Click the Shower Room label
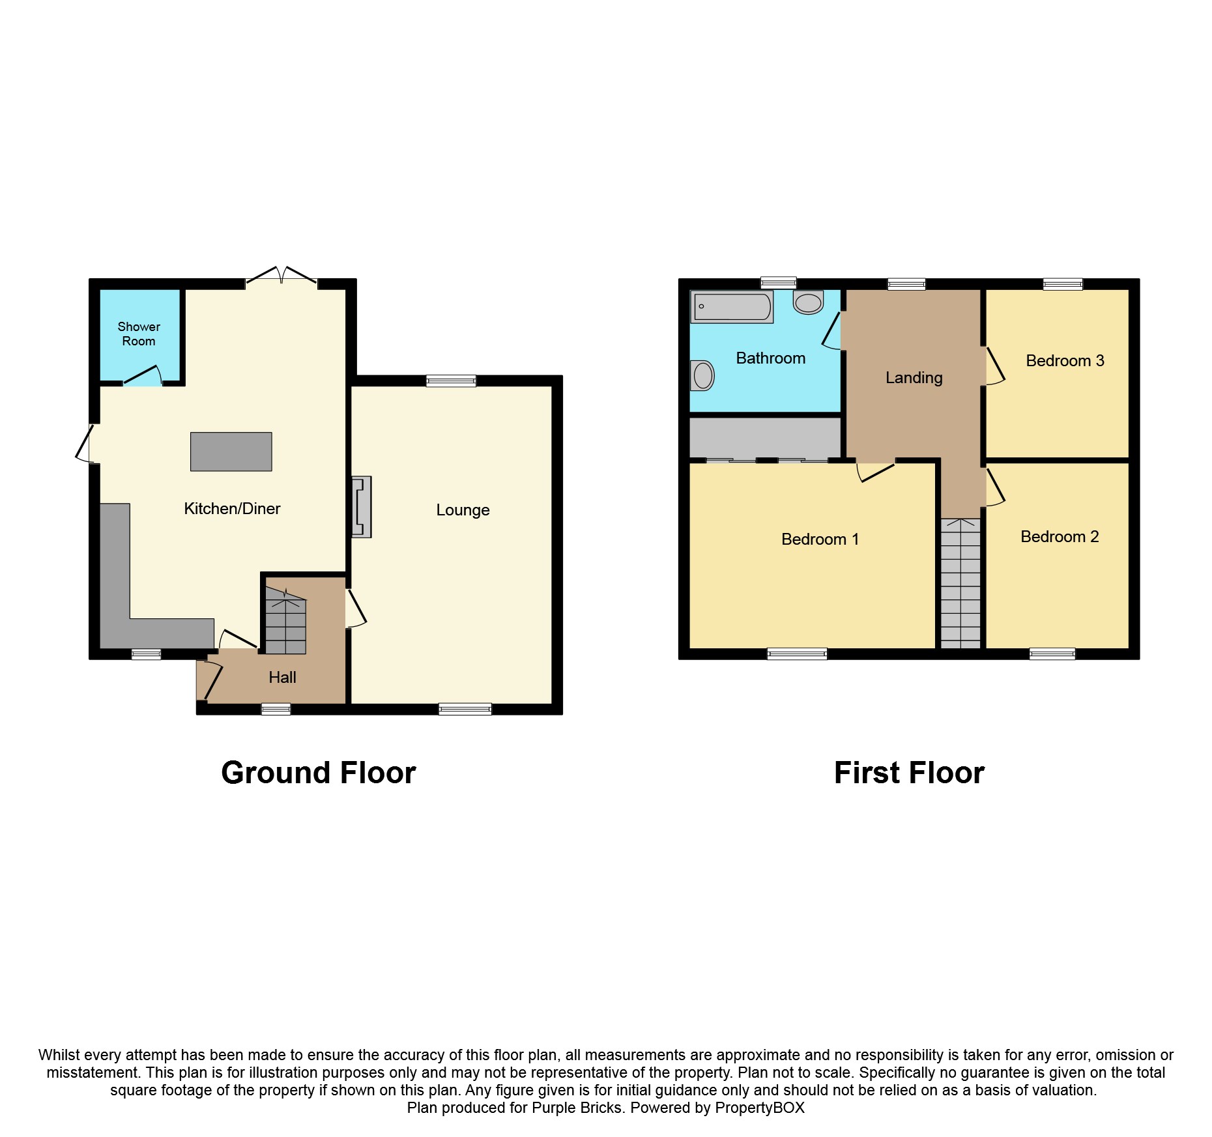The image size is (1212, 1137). (x=139, y=334)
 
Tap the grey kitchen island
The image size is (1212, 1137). (x=231, y=452)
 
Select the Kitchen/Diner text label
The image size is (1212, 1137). (x=232, y=508)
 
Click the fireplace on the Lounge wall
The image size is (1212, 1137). (x=362, y=507)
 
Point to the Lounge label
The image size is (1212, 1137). (x=463, y=510)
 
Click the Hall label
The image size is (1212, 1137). (x=282, y=678)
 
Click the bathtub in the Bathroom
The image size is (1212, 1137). (x=732, y=307)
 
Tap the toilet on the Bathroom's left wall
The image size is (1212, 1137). (x=702, y=375)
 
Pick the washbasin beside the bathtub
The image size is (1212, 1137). (x=808, y=302)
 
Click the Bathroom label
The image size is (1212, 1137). (x=771, y=358)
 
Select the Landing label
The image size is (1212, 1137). (x=914, y=378)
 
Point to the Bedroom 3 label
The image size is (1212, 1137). (x=1065, y=361)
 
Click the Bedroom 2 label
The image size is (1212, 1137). (x=1060, y=537)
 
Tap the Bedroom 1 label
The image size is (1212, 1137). (x=820, y=540)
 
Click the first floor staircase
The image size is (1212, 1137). (x=960, y=583)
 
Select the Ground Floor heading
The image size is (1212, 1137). (x=319, y=773)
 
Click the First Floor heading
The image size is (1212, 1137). (x=909, y=773)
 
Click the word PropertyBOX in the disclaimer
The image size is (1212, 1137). (x=760, y=1108)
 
